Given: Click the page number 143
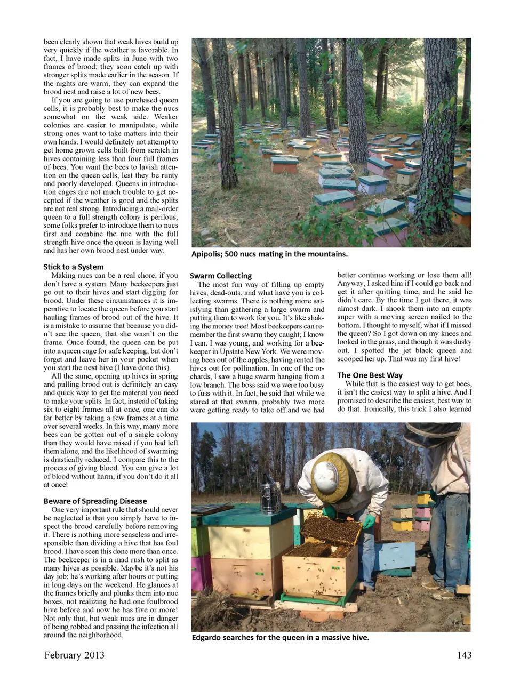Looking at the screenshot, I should (x=464, y=655).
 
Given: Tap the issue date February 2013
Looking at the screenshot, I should (x=74, y=655).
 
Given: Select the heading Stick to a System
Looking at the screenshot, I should (x=74, y=267).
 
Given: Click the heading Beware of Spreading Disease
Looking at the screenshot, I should (x=95, y=501).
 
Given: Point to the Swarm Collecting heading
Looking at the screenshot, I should (x=221, y=276).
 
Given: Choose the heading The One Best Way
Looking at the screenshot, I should (x=370, y=375).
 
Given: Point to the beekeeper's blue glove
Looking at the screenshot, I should (x=369, y=520).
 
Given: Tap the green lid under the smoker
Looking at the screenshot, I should (x=251, y=516).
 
